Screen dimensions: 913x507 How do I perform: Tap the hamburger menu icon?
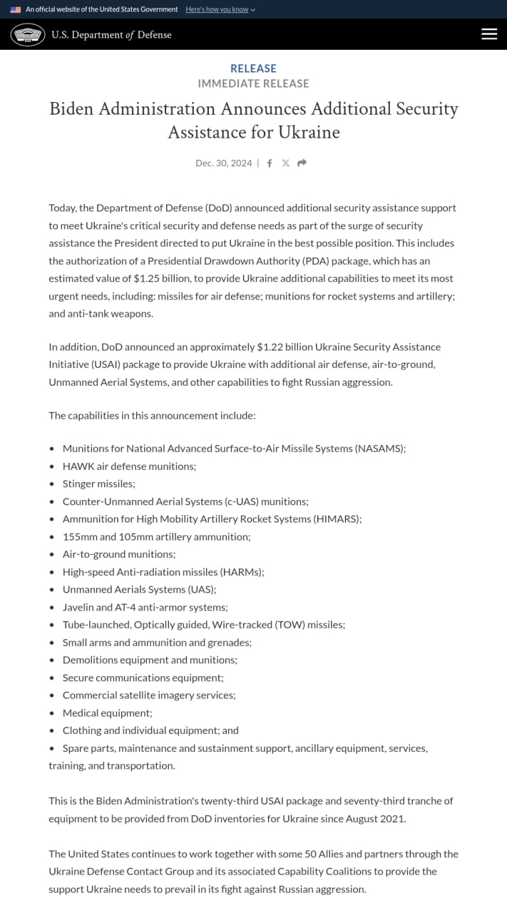click(489, 34)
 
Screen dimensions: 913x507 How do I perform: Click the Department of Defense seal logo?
click(28, 34)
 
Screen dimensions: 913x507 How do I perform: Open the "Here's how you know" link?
click(220, 9)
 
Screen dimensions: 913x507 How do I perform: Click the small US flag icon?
click(15, 9)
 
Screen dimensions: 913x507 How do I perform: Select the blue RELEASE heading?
click(253, 68)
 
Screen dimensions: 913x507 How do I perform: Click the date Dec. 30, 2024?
click(223, 163)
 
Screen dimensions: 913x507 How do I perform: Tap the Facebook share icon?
click(270, 163)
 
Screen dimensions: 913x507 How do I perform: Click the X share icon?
click(285, 163)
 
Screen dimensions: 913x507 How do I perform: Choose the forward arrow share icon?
click(302, 163)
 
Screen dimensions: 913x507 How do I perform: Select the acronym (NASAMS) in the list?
click(379, 449)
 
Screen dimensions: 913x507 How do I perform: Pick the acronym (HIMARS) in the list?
click(337, 519)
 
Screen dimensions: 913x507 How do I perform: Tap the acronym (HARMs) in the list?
click(242, 571)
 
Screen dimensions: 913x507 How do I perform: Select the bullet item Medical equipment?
click(107, 713)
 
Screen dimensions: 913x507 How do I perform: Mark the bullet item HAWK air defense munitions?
click(129, 466)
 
